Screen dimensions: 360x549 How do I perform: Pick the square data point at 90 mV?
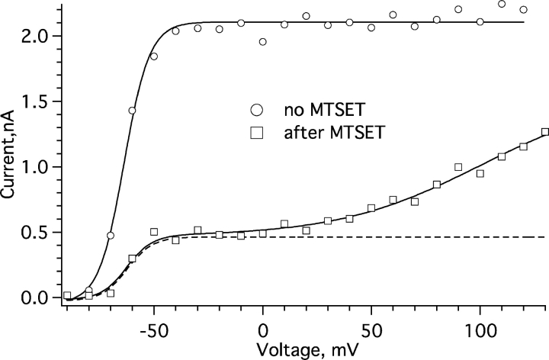(458, 167)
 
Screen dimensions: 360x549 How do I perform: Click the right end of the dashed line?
(544, 237)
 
